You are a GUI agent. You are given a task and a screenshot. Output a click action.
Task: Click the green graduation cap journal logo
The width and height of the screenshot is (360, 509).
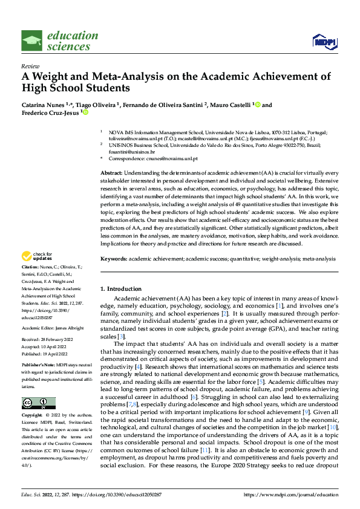click(x=32, y=41)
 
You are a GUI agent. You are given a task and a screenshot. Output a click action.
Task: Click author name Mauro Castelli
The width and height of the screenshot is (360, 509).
click(x=228, y=105)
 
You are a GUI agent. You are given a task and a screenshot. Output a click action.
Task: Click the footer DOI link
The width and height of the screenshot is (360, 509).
click(x=123, y=494)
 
